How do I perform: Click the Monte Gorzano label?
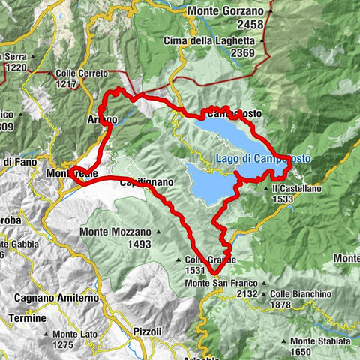[x=226, y=11]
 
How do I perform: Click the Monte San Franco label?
[x=220, y=283]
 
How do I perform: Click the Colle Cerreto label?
[x=82, y=73]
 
